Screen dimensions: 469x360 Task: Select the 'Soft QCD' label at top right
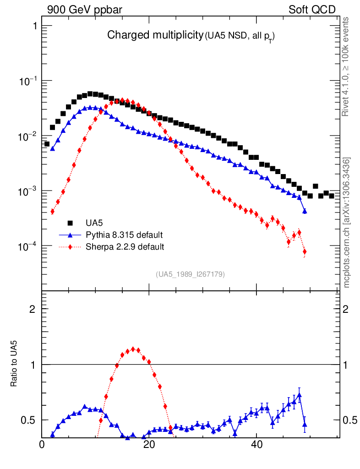click(x=312, y=10)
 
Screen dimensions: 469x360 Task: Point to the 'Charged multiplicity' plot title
click(x=155, y=35)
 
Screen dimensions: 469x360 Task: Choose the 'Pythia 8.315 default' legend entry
click(x=124, y=235)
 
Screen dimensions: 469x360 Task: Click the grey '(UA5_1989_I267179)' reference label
click(x=190, y=274)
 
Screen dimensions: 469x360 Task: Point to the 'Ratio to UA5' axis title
click(x=15, y=365)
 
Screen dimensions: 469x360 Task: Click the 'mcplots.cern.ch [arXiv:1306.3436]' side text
click(x=347, y=223)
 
